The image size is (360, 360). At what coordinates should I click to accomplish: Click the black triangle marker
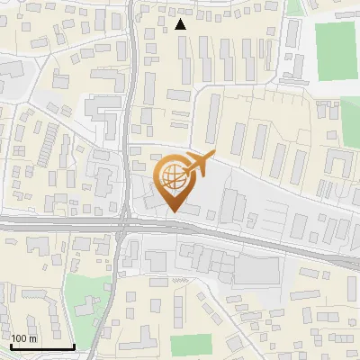tap(181, 24)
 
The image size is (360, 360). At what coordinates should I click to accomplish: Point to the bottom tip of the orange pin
tap(172, 212)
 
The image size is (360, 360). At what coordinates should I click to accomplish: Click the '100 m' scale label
tap(24, 338)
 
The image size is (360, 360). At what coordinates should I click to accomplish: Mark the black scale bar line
tap(42, 346)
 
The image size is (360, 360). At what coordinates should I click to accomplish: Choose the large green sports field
tap(337, 50)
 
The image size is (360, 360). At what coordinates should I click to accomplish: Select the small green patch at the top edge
tap(294, 7)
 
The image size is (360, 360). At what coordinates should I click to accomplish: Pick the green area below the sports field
tap(352, 121)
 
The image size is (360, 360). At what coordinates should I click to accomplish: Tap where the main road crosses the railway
tap(123, 224)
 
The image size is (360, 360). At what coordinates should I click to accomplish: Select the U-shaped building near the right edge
tap(338, 163)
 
